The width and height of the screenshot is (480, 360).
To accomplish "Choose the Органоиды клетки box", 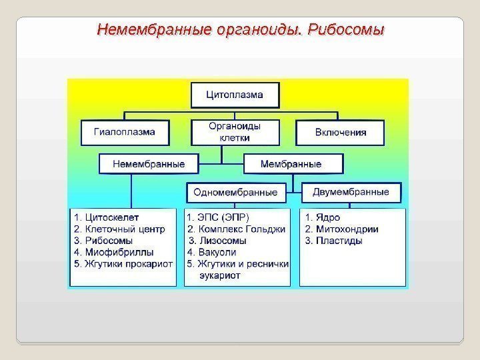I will tap(235, 132).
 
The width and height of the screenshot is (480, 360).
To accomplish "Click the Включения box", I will tap(340, 132).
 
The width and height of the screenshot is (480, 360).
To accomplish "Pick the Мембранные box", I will tap(293, 163).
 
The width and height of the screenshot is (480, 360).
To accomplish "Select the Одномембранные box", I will tap(235, 192).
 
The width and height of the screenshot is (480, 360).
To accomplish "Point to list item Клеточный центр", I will tap(116, 229).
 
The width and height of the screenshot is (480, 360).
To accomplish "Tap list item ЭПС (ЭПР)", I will tap(219, 217).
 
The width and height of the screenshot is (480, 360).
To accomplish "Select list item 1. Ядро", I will tap(321, 217).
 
